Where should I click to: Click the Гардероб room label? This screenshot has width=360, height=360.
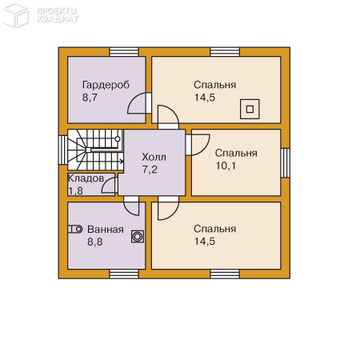pos(106,85)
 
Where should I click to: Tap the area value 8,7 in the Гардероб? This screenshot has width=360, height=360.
pos(90,98)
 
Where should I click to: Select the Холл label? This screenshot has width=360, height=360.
pos(154,157)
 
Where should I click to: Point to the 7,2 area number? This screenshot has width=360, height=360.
pos(150,170)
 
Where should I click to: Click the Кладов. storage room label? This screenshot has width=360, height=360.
pos(86,178)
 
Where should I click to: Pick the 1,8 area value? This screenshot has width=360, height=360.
pos(75,191)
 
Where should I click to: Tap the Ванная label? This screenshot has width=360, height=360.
pos(106,230)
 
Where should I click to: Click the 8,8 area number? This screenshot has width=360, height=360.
pos(95,242)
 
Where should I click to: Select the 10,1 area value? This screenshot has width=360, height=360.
pos(226,166)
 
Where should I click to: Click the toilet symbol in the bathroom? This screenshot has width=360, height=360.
pos(75,229)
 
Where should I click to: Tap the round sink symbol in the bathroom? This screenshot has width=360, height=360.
pos(138,237)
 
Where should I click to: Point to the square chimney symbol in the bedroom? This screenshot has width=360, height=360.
pos(250,109)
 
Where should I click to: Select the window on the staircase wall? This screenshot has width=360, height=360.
pos(63,150)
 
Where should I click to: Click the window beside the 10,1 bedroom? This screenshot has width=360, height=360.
pos(286,163)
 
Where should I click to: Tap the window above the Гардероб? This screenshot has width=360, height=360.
pos(124,52)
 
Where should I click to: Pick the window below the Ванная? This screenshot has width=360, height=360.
pos(124,274)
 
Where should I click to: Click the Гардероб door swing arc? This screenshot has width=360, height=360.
pos(134,99)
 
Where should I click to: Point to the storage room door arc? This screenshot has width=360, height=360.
pos(106,182)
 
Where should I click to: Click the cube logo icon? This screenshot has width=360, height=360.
pos(15,14)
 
